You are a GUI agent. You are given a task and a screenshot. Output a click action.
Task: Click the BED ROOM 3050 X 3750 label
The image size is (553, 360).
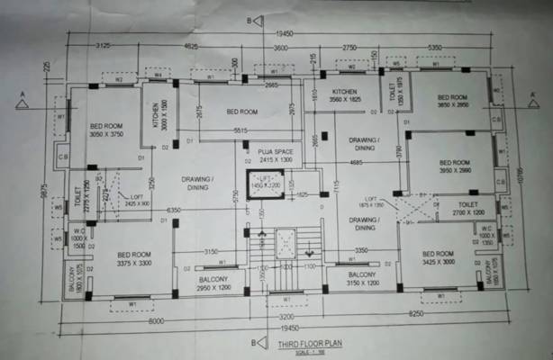click(x=105, y=130)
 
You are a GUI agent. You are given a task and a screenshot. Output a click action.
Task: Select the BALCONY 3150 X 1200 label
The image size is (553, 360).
click(x=361, y=278)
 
